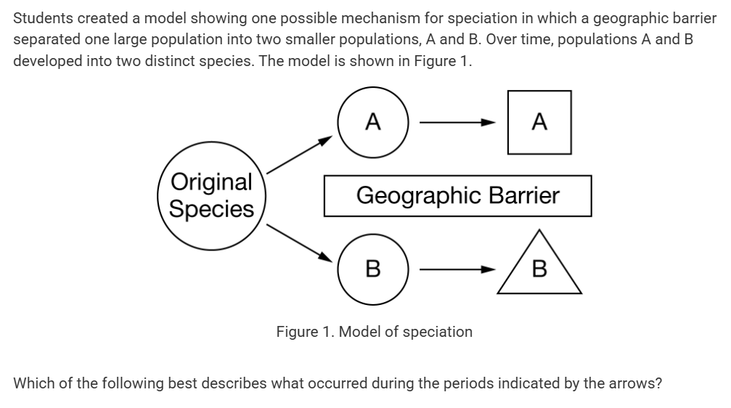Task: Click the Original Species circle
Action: coord(211,195)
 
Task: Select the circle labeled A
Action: coord(373,122)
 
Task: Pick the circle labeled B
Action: coord(373,269)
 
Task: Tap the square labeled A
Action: coord(539,122)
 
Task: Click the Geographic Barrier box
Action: coord(457,195)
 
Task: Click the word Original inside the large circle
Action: coord(211,182)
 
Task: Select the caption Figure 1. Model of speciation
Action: coord(374,332)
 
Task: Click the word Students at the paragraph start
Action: coord(41,18)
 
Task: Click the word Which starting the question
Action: coord(33,383)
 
